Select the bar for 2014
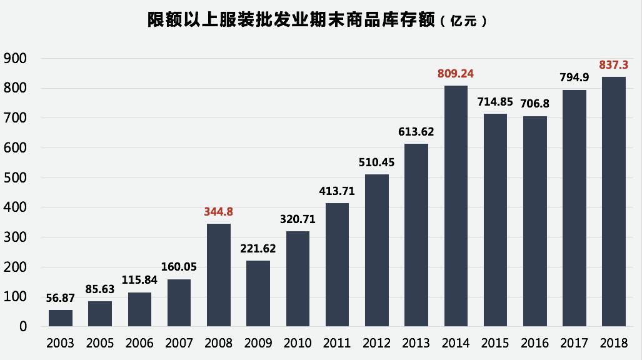coord(456,206)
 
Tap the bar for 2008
coord(218,275)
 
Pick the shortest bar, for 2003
coord(61,318)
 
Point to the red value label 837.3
coord(613,64)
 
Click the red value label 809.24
coord(456,74)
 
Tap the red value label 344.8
coord(218,212)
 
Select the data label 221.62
coord(258,248)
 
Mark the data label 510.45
coord(376,162)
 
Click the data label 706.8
coord(534,104)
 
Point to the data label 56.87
coord(61,298)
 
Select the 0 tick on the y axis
coord(23,327)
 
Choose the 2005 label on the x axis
coord(100,343)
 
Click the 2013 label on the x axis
coord(416,343)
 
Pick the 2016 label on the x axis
coord(534,343)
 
